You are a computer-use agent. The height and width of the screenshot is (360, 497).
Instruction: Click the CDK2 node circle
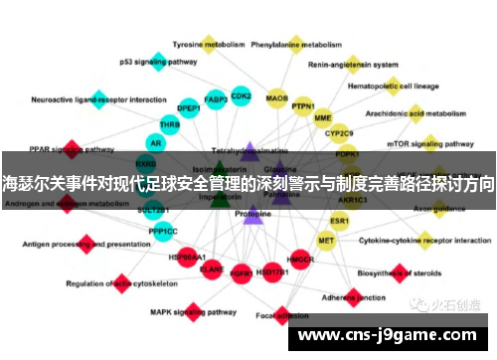click(241, 96)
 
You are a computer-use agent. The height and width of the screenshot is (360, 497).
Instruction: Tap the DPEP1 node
click(188, 109)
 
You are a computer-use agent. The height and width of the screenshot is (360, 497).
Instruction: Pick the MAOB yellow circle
click(277, 98)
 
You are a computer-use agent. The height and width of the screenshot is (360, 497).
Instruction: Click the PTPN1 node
click(303, 106)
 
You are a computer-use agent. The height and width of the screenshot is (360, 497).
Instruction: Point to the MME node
click(323, 117)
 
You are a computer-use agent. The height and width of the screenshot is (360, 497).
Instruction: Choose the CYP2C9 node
click(340, 133)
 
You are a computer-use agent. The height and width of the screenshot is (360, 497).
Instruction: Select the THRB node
click(170, 125)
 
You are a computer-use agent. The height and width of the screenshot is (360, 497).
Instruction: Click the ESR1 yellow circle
click(340, 221)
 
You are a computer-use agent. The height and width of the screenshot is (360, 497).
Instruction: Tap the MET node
click(326, 241)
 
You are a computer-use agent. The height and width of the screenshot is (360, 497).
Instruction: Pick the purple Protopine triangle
click(252, 214)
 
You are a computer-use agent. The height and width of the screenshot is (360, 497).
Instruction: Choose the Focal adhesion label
click(279, 317)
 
